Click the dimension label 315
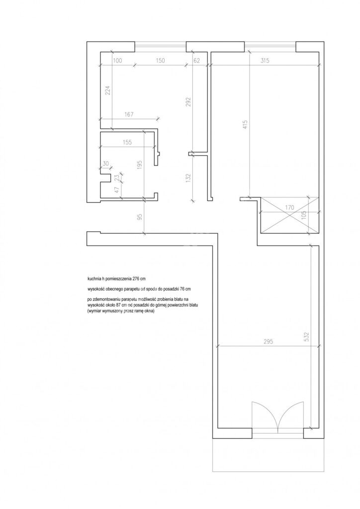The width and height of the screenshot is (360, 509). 265,60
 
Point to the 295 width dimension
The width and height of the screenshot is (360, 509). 269,341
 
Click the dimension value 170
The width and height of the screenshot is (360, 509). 289,207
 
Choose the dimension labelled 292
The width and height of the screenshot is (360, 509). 188,102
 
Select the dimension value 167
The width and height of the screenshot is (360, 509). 129,115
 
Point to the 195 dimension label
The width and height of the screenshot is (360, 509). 140,166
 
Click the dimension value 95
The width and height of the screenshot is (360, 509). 140,217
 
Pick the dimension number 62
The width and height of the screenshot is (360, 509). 196,60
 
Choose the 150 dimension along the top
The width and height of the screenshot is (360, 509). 161,60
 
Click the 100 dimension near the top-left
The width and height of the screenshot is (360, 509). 117,60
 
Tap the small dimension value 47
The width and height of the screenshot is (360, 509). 116,189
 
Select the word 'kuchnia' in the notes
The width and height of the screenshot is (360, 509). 94,278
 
